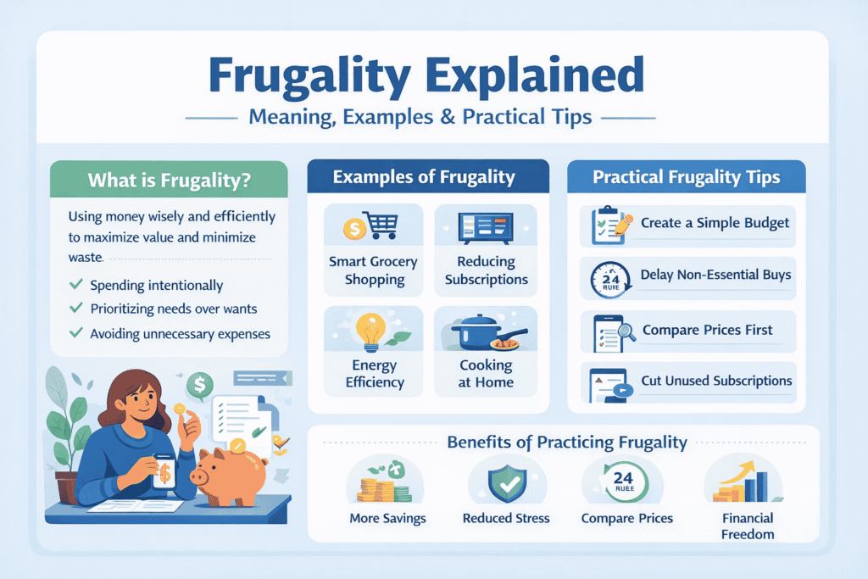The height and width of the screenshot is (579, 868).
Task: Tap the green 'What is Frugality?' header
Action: [x=170, y=181]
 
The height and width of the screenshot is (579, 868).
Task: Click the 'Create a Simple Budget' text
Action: [x=715, y=223]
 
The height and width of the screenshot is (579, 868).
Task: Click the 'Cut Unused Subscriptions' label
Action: [x=716, y=381]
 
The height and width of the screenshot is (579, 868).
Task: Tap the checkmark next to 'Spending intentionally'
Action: [x=75, y=285]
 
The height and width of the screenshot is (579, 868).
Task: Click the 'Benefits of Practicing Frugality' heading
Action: [x=566, y=442]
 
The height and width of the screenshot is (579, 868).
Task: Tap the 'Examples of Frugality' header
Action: [x=424, y=177]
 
